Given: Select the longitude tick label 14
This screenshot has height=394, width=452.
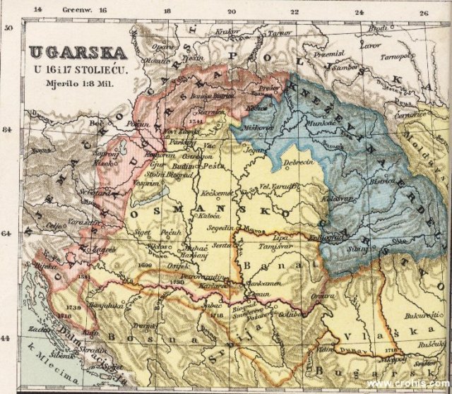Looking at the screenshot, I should [38, 11].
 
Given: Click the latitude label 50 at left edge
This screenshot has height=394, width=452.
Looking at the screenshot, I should [10, 28].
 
